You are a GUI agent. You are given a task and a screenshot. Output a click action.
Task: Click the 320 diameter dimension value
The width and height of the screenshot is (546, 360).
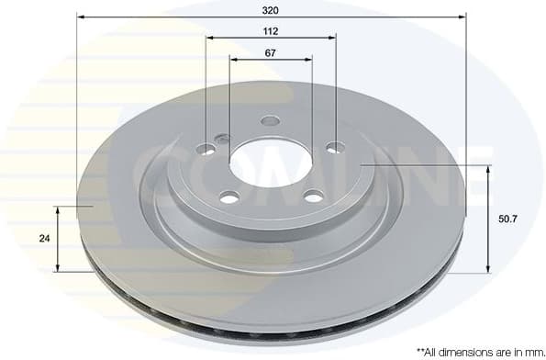pyautogui.click(x=271, y=9)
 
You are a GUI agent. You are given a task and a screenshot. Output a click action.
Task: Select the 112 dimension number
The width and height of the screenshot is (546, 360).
pyautogui.click(x=271, y=31)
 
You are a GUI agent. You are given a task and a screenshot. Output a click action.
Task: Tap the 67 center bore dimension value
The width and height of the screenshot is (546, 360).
pyautogui.click(x=271, y=52)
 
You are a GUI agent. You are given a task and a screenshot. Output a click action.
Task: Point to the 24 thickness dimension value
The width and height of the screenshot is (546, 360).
pyautogui.click(x=44, y=238)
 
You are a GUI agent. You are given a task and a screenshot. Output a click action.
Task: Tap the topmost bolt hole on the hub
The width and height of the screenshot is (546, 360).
pyautogui.click(x=270, y=120)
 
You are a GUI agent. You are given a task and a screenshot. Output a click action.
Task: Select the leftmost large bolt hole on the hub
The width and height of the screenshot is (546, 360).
pyautogui.click(x=205, y=148)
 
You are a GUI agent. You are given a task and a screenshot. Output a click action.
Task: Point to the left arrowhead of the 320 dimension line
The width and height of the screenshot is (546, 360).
pyautogui.click(x=81, y=17)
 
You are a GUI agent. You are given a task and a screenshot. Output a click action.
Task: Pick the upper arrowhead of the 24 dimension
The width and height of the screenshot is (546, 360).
pyautogui.click(x=60, y=210)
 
